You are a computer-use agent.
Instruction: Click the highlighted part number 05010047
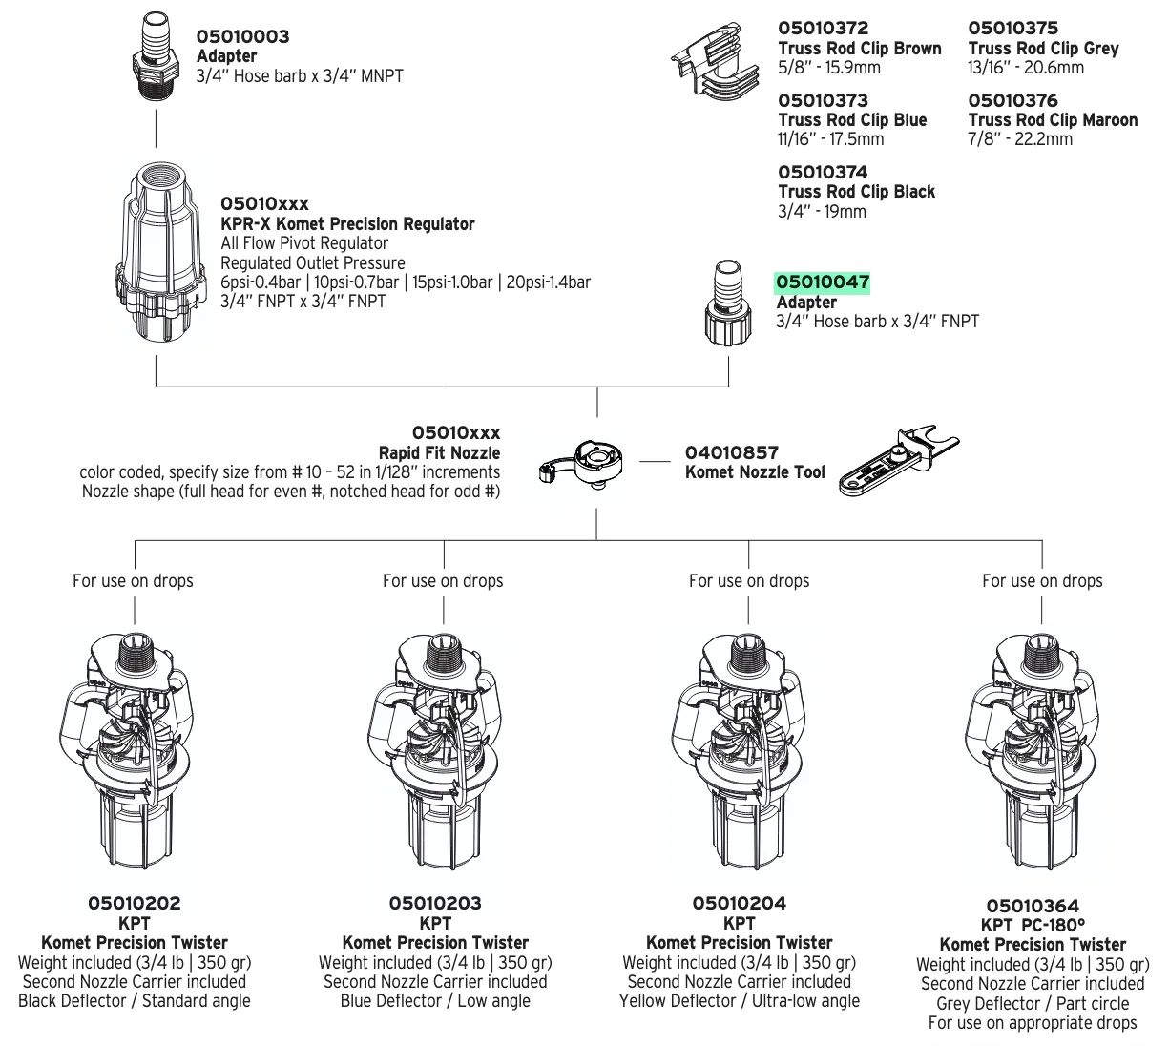822,282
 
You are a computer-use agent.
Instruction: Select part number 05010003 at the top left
242,36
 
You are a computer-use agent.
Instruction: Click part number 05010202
134,903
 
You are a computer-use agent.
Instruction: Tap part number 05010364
1032,906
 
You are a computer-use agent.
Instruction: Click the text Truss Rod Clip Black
856,191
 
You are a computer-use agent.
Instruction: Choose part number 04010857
731,452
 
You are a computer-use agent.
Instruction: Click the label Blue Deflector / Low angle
435,1000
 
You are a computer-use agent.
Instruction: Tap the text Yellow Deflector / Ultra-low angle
739,1000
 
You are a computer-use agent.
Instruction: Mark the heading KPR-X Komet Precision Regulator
347,223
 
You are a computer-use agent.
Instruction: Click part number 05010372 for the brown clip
823,29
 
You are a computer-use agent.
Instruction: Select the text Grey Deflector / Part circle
1032,1003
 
